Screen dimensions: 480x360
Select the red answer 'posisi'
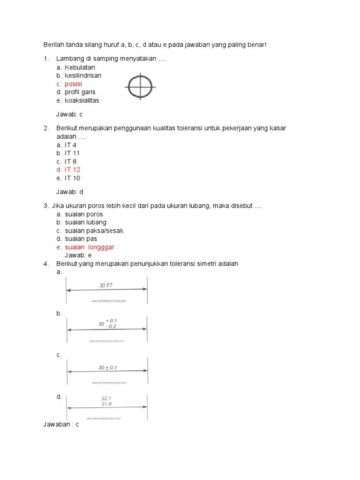(x=73, y=84)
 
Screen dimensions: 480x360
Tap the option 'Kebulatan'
(x=80, y=67)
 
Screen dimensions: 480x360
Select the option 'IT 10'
(x=72, y=178)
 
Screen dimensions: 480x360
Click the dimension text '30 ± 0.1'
(x=107, y=368)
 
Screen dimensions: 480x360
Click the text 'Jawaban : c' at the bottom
(x=61, y=424)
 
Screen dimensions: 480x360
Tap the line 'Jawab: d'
(x=69, y=192)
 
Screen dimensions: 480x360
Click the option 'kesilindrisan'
(x=83, y=75)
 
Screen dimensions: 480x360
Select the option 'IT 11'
(x=72, y=153)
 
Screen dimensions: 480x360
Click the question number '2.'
(x=46, y=128)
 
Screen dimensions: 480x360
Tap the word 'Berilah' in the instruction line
(x=53, y=45)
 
